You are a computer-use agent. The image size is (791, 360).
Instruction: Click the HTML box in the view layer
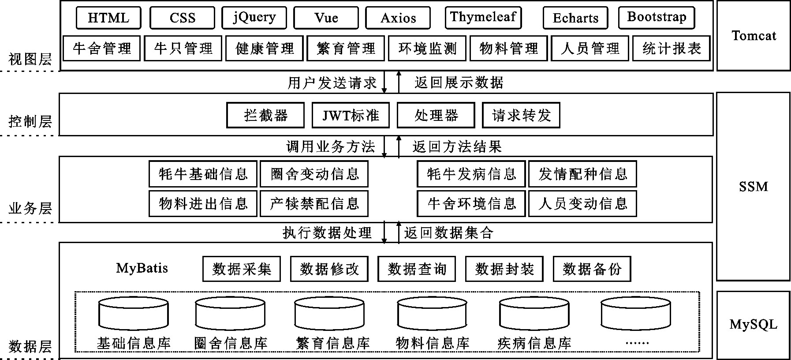108,18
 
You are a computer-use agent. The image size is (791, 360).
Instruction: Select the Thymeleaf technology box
483,18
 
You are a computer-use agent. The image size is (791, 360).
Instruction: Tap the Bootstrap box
657,18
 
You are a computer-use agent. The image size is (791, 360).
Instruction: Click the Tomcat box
754,36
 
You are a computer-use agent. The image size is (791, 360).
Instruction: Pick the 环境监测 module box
427,49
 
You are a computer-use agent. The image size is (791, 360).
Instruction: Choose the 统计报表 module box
671,49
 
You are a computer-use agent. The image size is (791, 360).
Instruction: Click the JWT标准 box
351,116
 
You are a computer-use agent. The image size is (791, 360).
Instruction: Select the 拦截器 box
265,116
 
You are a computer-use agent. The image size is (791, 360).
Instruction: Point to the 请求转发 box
521,116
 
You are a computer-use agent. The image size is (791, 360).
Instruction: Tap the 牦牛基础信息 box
203,174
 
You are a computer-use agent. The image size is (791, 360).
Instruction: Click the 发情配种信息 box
582,174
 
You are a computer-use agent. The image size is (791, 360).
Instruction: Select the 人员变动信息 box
582,203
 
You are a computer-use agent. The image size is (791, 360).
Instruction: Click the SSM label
753,187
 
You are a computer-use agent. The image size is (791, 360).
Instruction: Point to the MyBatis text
142,268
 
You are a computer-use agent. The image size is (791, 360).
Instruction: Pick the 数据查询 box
417,269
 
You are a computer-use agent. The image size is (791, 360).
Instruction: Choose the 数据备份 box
592,269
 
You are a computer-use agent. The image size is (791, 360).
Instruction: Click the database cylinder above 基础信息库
134,314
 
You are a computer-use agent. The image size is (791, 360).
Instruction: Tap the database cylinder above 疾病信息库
534,314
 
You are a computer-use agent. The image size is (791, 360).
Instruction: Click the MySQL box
753,325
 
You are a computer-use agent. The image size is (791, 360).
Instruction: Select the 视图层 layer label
30,59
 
